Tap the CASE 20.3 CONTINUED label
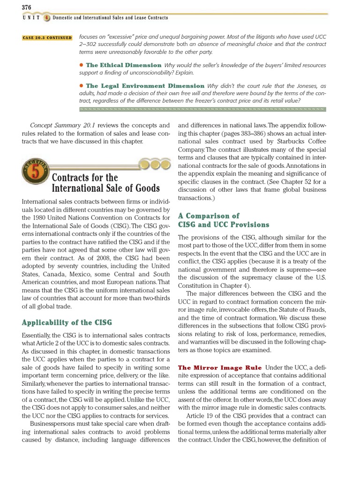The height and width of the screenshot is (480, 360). point(47,38)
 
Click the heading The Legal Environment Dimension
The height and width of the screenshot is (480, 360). point(145,86)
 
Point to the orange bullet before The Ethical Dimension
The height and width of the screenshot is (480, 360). point(82,65)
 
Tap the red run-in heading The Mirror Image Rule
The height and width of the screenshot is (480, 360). point(219,368)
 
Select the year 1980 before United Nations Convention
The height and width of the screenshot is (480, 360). point(41,217)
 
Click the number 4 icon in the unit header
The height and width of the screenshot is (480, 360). point(47,17)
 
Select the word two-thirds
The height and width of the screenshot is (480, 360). point(149,298)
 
